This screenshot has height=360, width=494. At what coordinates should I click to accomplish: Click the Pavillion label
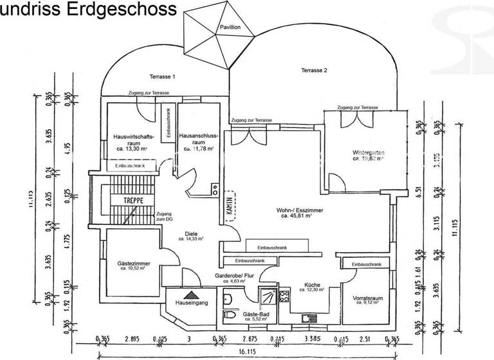click(230, 28)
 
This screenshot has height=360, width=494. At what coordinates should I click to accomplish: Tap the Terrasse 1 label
click(162, 76)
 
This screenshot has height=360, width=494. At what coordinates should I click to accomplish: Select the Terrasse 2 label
click(315, 70)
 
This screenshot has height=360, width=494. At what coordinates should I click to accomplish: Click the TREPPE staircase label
click(129, 201)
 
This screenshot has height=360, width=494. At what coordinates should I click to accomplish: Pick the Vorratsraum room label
click(367, 299)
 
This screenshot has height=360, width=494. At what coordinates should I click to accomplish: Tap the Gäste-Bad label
click(255, 316)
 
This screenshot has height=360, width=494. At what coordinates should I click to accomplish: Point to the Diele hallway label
click(191, 235)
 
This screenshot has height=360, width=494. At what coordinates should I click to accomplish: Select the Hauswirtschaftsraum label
click(133, 140)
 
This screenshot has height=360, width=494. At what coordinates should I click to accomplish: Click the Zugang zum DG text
click(163, 217)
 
